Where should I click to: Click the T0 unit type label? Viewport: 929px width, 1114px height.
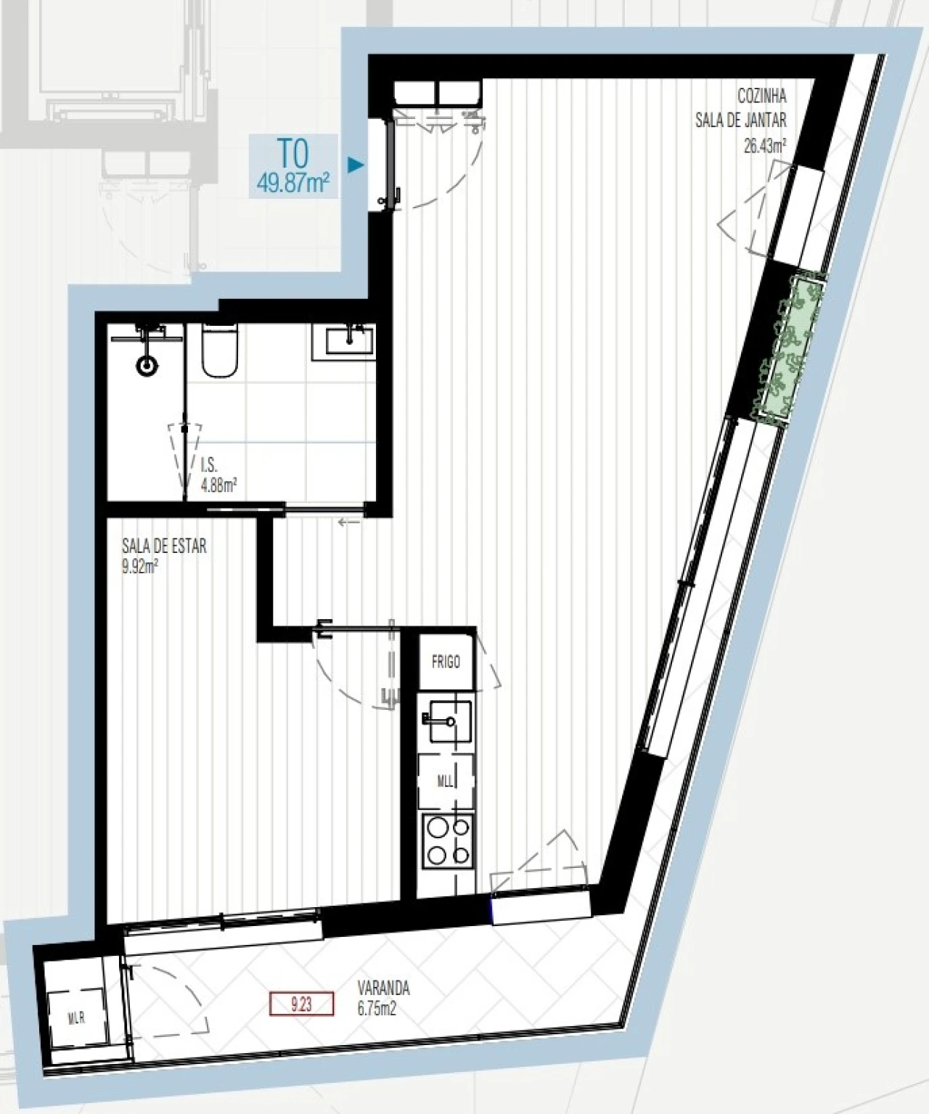(x=293, y=154)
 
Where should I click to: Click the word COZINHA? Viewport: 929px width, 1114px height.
(x=762, y=97)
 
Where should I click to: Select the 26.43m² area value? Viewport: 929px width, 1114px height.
(x=765, y=145)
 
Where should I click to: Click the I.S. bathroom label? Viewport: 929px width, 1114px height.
(x=208, y=467)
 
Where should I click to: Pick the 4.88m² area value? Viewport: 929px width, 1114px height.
(x=218, y=486)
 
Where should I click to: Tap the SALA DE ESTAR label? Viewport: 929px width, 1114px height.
(x=164, y=546)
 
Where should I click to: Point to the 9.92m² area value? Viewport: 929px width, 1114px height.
(x=140, y=565)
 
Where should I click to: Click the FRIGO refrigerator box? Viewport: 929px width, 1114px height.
(x=446, y=662)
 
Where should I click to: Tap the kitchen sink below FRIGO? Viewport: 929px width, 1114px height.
(x=448, y=721)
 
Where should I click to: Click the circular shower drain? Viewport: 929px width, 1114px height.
(x=147, y=366)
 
